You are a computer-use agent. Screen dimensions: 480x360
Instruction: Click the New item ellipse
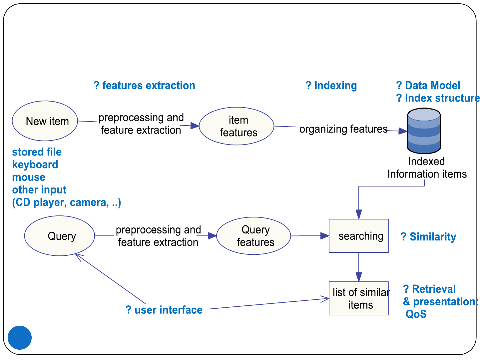(45, 121)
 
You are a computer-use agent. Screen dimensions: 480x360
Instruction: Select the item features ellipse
(237, 126)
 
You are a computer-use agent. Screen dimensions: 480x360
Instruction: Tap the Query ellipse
(60, 236)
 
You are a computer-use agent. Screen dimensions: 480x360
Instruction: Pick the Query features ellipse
(253, 236)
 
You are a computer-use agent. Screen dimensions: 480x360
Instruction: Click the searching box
(359, 236)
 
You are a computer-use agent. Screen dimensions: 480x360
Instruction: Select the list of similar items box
(359, 298)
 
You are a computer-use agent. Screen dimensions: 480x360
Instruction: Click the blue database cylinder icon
(424, 131)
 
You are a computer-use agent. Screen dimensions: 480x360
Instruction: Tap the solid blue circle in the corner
(20, 337)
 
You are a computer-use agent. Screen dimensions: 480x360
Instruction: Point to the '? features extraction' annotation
(144, 85)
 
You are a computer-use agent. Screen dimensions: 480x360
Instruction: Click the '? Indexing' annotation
(331, 86)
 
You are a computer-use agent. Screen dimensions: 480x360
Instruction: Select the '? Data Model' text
(428, 85)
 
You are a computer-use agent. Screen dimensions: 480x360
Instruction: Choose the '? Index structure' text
(438, 98)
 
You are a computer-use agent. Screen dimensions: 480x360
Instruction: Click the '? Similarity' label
(428, 237)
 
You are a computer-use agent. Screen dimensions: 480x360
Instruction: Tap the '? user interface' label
(164, 310)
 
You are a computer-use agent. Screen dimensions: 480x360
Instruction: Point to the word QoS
(416, 314)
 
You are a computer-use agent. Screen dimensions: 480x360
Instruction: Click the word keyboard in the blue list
(35, 165)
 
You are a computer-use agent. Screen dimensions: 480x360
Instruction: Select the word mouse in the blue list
(29, 177)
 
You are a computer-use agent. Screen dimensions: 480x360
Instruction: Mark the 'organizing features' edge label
(343, 129)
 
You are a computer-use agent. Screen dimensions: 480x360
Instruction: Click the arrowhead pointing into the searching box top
(359, 214)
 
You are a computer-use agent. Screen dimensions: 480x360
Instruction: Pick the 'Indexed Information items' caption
(427, 168)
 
